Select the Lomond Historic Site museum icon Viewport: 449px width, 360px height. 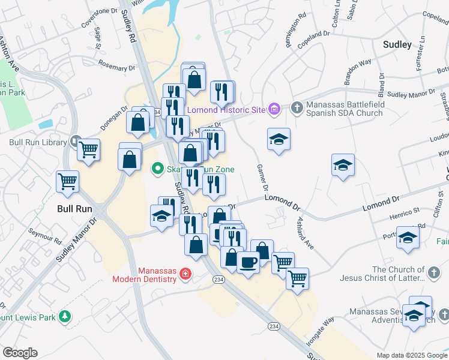click(274, 109)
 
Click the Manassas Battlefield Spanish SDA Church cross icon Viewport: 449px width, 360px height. click(296, 108)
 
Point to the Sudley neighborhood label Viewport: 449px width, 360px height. click(397, 44)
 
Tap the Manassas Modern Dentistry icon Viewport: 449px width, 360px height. click(185, 274)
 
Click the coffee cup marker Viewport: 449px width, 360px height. click(248, 262)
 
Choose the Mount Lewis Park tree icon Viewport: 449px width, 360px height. click(65, 316)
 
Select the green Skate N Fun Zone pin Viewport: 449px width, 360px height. click(157, 169)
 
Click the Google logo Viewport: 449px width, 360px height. click(20, 353)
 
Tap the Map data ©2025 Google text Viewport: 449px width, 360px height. click(411, 355)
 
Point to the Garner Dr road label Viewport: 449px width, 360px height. click(262, 178)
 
